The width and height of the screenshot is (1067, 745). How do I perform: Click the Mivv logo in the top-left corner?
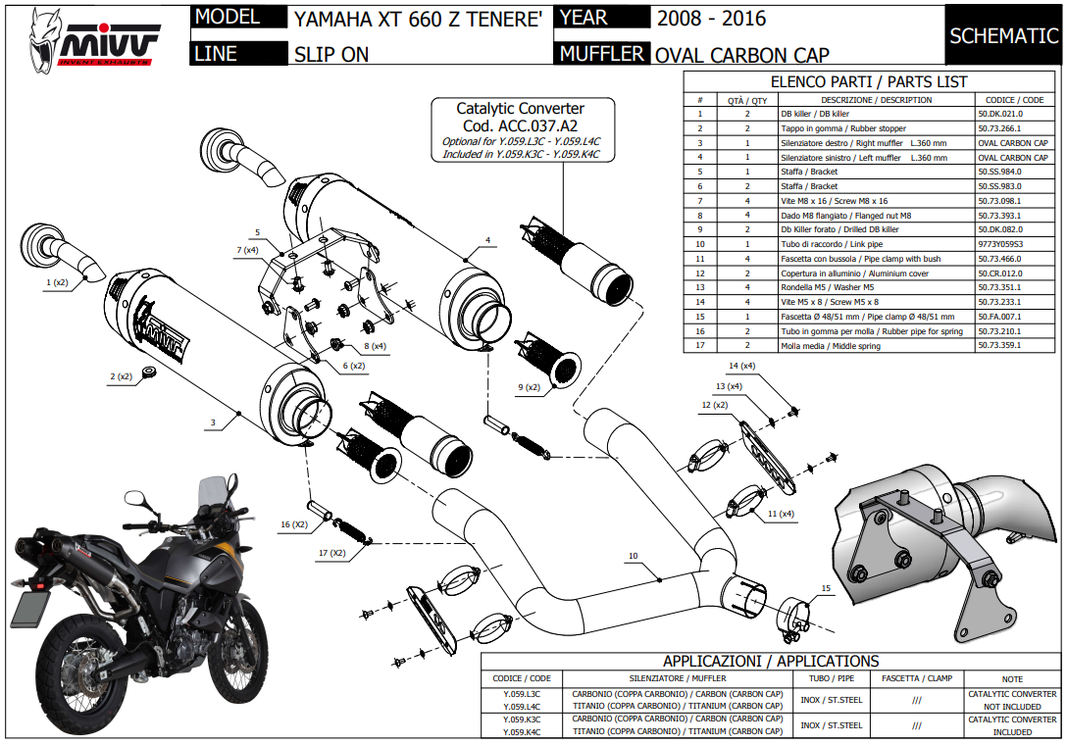click(94, 37)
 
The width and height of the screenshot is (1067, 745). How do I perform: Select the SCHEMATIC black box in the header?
click(1003, 36)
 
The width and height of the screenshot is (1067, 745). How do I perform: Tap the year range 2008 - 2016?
click(711, 19)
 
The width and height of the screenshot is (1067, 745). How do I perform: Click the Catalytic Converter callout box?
click(521, 130)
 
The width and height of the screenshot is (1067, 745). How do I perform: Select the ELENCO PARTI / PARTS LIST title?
click(869, 82)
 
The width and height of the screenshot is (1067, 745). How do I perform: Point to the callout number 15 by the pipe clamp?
click(826, 588)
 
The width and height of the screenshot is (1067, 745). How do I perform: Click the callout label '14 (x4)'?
click(741, 366)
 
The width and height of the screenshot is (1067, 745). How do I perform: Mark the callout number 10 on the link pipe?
click(634, 557)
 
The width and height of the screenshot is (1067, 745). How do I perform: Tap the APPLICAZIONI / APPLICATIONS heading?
click(770, 662)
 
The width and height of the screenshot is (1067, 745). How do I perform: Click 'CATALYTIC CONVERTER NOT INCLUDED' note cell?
click(1012, 700)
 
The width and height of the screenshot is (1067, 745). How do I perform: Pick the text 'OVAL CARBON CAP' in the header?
click(741, 55)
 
